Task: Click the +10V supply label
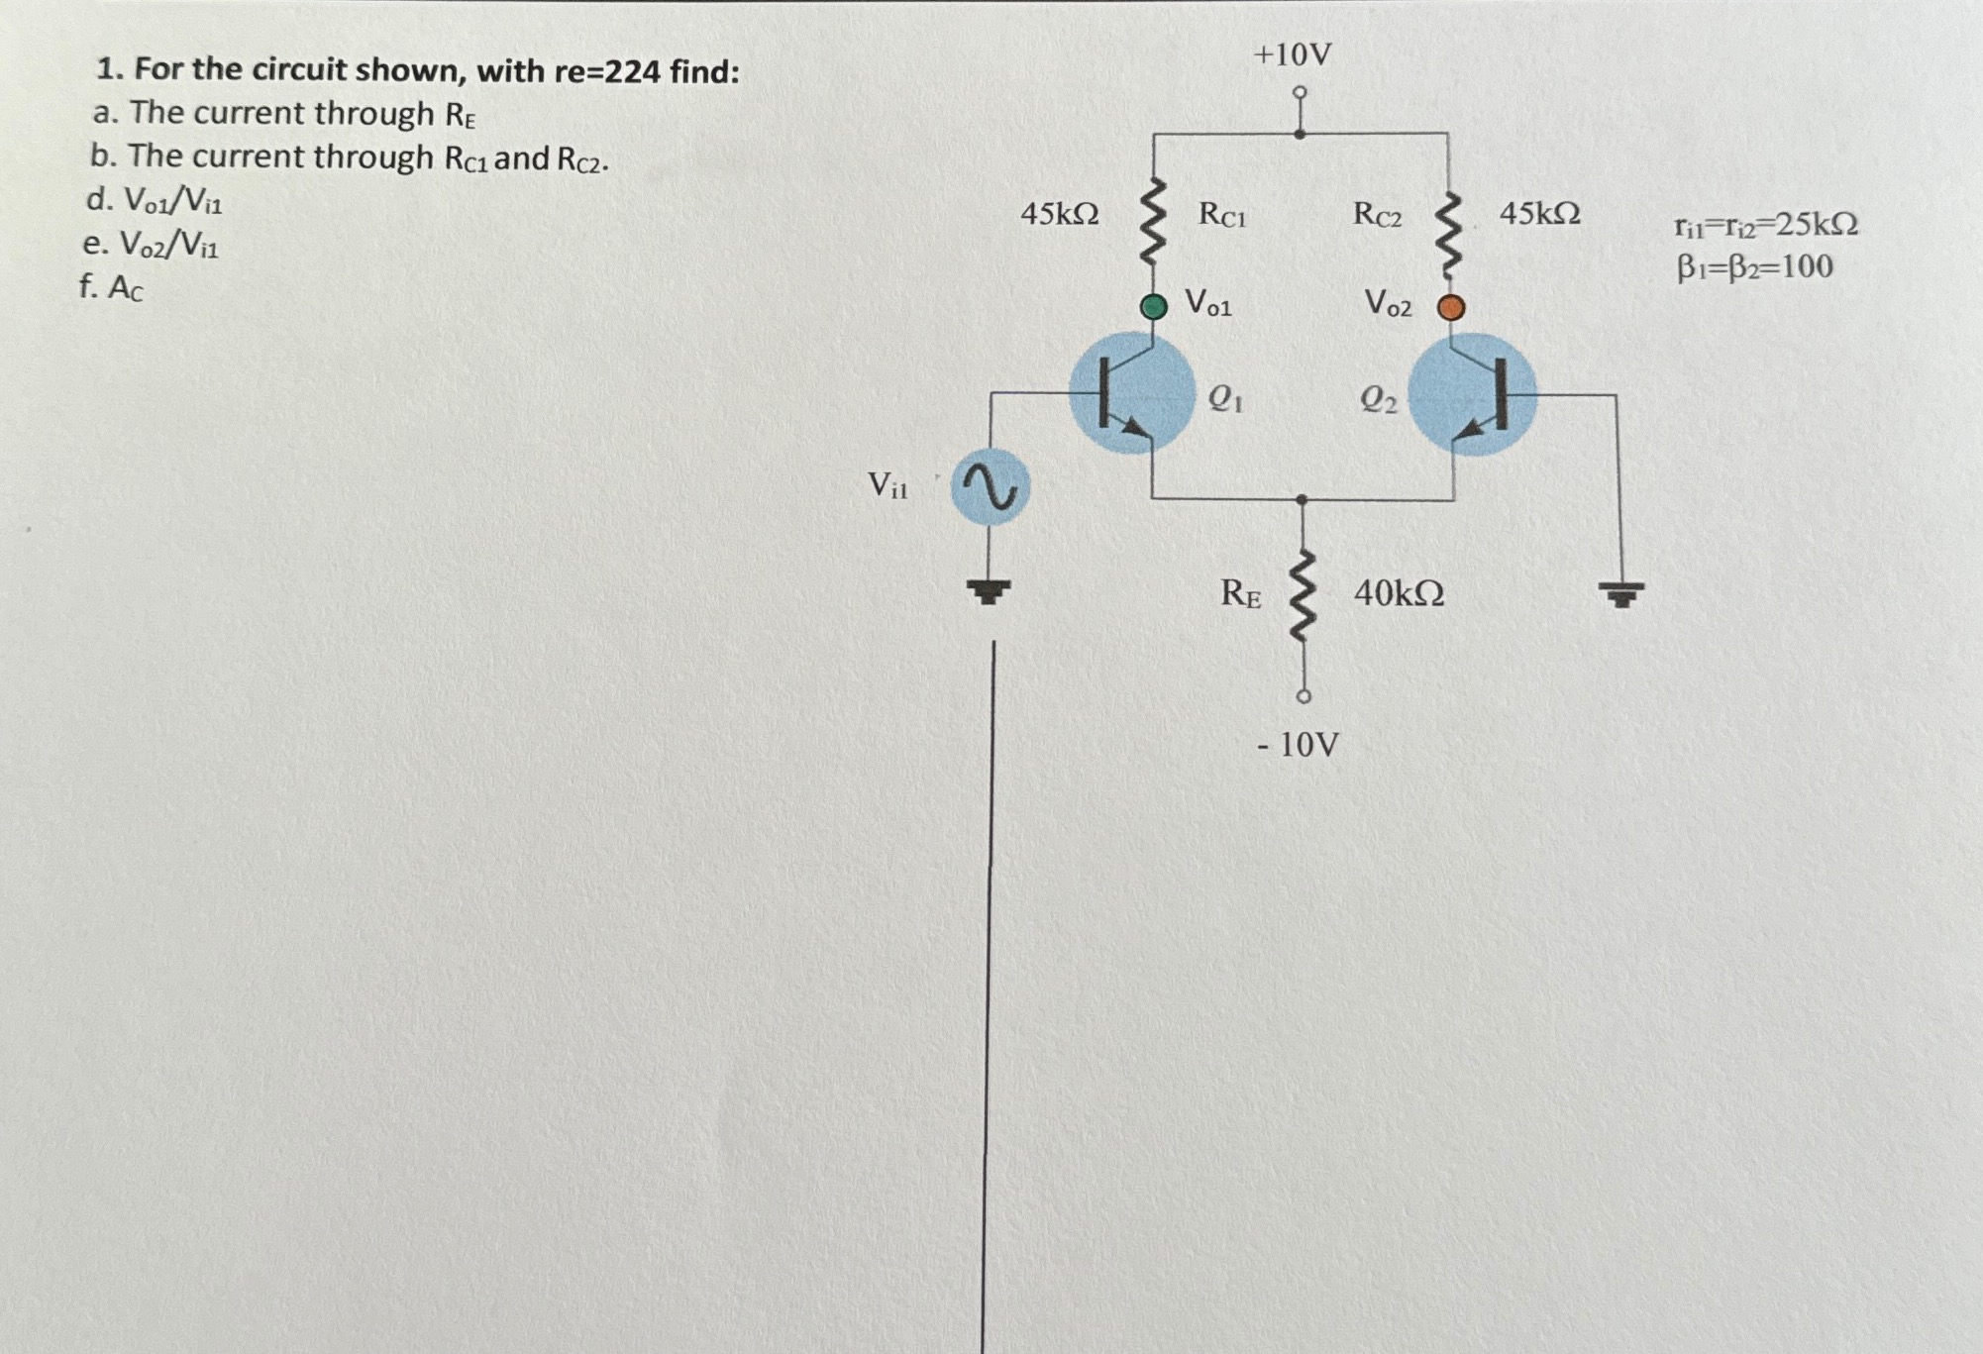pyautogui.click(x=1293, y=55)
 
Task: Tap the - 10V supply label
pyautogui.click(x=1298, y=744)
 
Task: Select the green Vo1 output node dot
pyautogui.click(x=1153, y=306)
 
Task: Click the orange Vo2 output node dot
pyautogui.click(x=1451, y=308)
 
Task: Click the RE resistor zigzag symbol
pyautogui.click(x=1303, y=597)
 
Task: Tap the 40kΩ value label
pyautogui.click(x=1399, y=594)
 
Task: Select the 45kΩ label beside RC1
pyautogui.click(x=1060, y=214)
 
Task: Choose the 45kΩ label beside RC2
pyautogui.click(x=1539, y=213)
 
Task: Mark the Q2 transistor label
pyautogui.click(x=1378, y=399)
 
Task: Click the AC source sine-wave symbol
pyautogui.click(x=990, y=487)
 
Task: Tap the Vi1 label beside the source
pyautogui.click(x=887, y=485)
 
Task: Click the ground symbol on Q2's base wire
pyautogui.click(x=1619, y=593)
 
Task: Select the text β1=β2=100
pyautogui.click(x=1754, y=267)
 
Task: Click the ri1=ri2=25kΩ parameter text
pyautogui.click(x=1766, y=226)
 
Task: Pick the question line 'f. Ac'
pyautogui.click(x=111, y=288)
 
